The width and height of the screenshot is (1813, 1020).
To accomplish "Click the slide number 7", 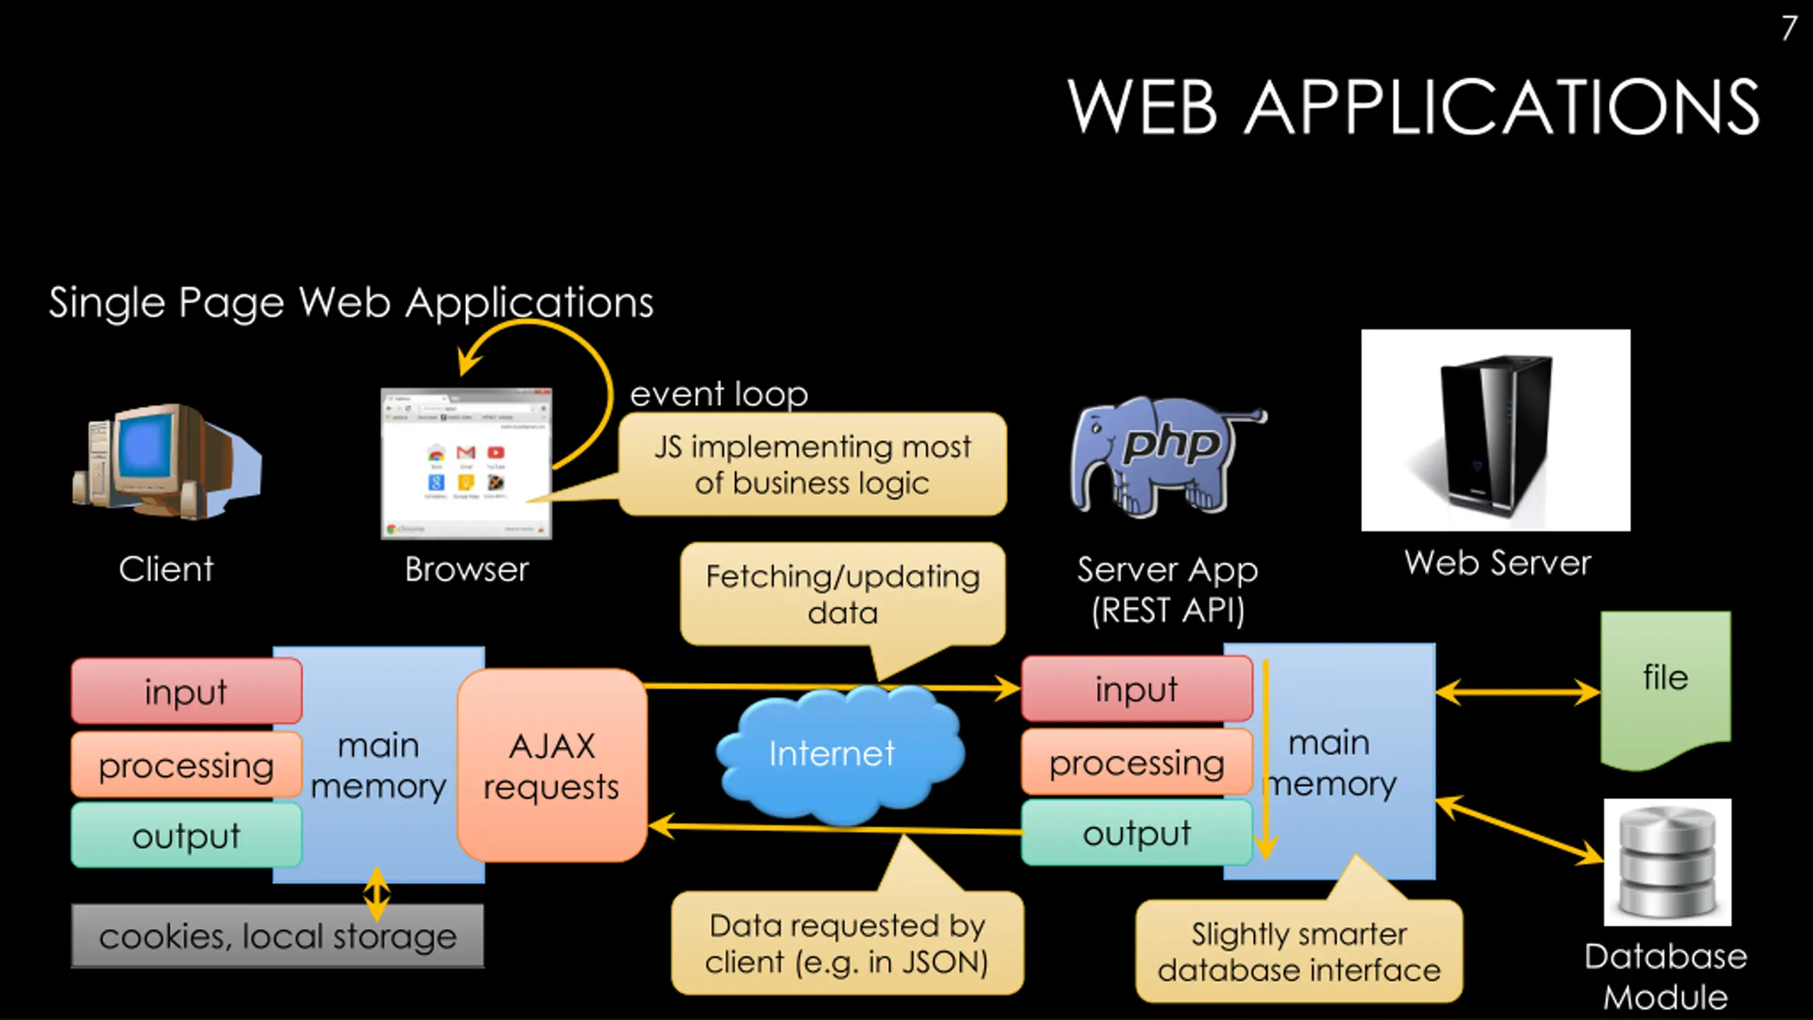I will pyautogui.click(x=1789, y=28).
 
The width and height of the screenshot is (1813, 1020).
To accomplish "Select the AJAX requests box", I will pyautogui.click(x=552, y=766).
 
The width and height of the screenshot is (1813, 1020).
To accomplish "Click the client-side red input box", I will pyautogui.click(x=186, y=691).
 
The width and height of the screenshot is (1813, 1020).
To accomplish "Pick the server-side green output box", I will pyautogui.click(x=1136, y=833).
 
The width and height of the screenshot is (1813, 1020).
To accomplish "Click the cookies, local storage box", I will pyautogui.click(x=278, y=936).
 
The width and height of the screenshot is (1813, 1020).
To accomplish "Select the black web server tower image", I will pyautogui.click(x=1495, y=430).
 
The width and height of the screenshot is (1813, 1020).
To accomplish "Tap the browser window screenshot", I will pyautogui.click(x=466, y=464).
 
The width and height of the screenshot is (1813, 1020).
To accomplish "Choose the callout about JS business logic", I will pyautogui.click(x=812, y=465).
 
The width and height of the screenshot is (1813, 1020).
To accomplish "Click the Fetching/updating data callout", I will pyautogui.click(x=843, y=594).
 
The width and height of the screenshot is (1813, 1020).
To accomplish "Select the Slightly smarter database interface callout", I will pyautogui.click(x=1299, y=951).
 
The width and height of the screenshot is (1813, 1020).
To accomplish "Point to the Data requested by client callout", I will pyautogui.click(x=847, y=943).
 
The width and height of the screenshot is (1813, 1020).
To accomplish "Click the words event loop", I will pyautogui.click(x=719, y=394).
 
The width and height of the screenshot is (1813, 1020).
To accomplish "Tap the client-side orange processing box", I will pyautogui.click(x=186, y=765).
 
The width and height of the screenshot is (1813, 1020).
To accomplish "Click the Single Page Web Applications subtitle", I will pyautogui.click(x=351, y=302).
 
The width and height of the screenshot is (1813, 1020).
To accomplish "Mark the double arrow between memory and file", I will pyautogui.click(x=1517, y=692).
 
